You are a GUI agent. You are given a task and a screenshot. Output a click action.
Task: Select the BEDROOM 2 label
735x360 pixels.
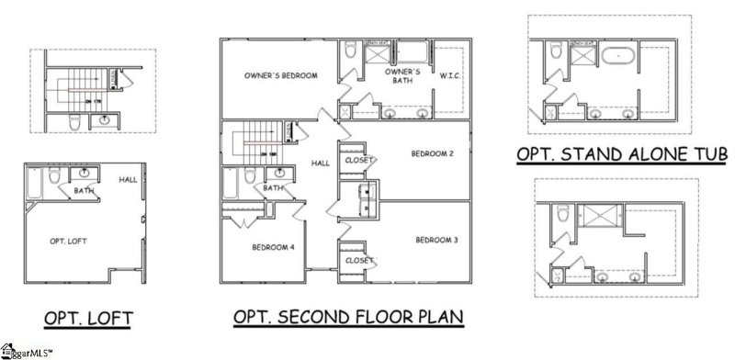click(x=431, y=153)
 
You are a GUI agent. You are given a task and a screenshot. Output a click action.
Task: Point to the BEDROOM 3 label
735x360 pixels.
click(x=436, y=241)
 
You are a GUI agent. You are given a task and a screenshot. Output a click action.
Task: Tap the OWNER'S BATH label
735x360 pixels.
click(x=402, y=75)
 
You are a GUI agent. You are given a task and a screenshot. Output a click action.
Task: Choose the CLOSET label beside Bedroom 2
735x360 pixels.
click(x=358, y=160)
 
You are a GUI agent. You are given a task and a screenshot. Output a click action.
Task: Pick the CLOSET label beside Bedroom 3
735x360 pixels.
click(x=358, y=261)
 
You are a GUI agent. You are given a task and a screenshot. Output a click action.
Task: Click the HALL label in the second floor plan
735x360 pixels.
click(x=320, y=163)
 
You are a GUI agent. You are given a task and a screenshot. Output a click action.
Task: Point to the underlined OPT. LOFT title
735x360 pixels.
click(x=88, y=318)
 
